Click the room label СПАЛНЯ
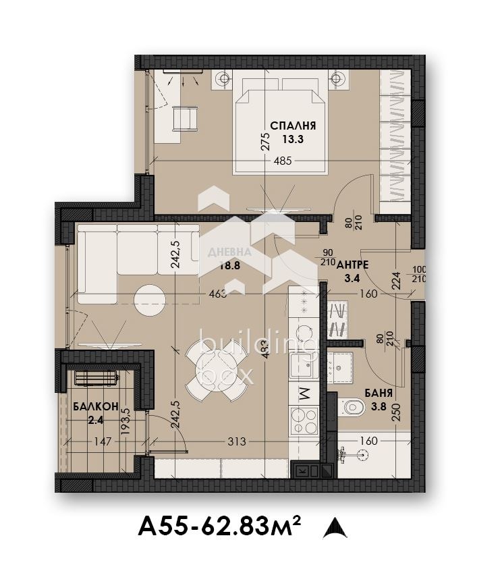(x=293, y=126)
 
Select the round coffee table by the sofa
(x=148, y=300)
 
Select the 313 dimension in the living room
(x=236, y=442)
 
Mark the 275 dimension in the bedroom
(x=266, y=142)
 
